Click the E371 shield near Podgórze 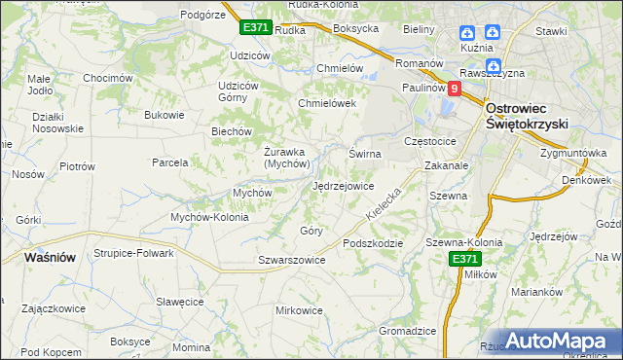255,27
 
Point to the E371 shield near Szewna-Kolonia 464,258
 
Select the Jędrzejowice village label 343,185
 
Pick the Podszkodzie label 372,242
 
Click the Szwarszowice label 291,260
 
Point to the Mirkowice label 299,309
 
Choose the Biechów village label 232,131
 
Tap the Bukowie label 164,115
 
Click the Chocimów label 107,78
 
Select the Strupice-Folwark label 133,253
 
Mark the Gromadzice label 407,331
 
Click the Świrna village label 365,154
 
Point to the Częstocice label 437,141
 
